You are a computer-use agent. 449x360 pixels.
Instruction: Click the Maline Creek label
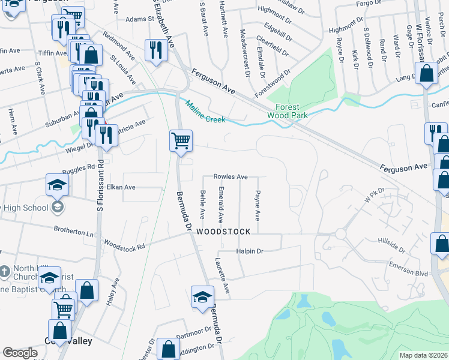pos(205,112)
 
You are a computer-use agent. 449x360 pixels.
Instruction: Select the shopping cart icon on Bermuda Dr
pos(181,142)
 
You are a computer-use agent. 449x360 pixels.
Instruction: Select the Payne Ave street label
pos(258,205)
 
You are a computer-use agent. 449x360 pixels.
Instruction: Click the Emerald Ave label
pos(221,207)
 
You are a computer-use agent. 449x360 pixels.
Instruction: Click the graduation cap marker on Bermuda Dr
pos(202,297)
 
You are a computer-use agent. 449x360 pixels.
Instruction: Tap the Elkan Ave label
pos(121,187)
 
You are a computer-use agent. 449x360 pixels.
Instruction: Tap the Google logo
pos(20,353)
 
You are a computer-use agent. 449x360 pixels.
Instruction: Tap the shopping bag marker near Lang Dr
pos(426,74)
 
